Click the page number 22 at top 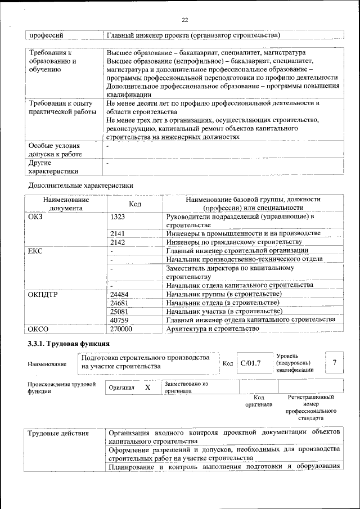184,20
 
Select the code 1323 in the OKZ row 118,217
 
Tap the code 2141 117,233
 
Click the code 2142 117,241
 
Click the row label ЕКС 35,250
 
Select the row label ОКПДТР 43,294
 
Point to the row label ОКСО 38,328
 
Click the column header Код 135,204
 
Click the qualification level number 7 335,362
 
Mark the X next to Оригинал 148,388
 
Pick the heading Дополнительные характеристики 81,185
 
